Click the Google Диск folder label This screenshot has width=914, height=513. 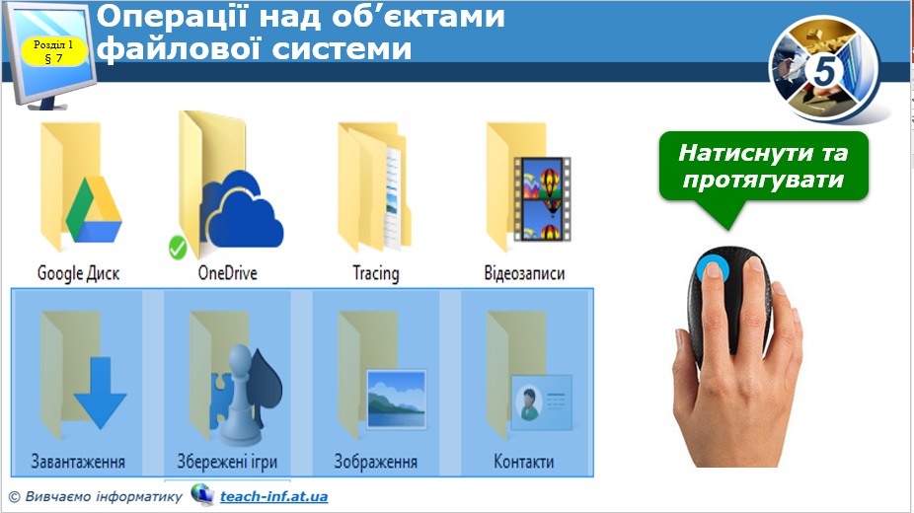pos(78,273)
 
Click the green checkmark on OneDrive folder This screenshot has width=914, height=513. pos(178,248)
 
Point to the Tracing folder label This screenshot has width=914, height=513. pos(376,273)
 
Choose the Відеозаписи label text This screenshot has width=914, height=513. pos(524,273)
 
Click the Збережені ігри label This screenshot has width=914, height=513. pos(227,462)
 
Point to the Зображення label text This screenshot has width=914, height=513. pos(375,462)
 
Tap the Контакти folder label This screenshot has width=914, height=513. pos(523,462)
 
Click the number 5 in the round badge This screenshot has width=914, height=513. pos(827,71)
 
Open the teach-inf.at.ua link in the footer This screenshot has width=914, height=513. pos(274,496)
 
